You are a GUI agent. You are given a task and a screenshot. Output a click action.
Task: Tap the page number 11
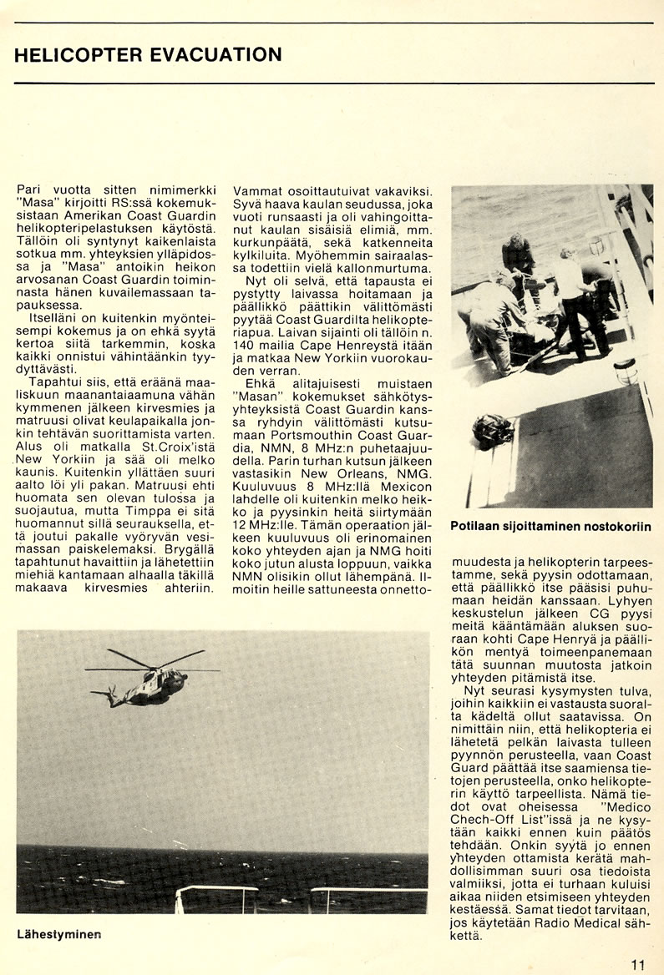click(x=639, y=964)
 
